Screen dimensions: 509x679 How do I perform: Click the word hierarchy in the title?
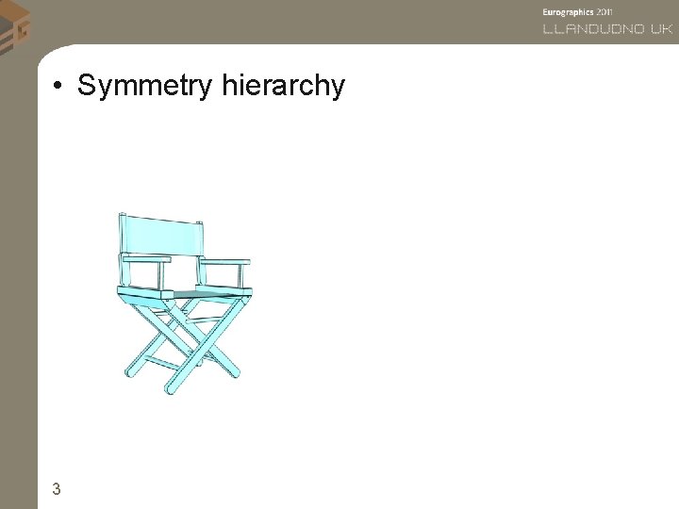(284, 87)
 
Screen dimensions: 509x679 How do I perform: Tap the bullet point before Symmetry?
(58, 88)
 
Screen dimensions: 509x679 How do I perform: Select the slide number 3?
(57, 488)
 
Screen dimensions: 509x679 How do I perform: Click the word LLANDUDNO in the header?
(594, 29)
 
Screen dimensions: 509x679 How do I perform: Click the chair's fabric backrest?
(161, 236)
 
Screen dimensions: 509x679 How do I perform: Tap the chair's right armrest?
(226, 262)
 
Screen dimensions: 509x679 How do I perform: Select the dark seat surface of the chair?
(203, 294)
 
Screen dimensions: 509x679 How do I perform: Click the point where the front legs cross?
(200, 345)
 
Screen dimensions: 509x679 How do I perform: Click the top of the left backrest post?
(122, 216)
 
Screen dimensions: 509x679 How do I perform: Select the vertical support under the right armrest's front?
(244, 276)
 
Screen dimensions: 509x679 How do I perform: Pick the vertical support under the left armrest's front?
(164, 274)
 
